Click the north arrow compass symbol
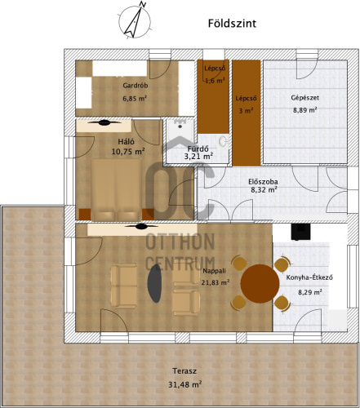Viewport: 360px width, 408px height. [135, 21]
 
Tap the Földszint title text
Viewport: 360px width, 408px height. [232, 24]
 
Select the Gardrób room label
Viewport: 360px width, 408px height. [136, 86]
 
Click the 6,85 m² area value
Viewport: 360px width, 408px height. [135, 98]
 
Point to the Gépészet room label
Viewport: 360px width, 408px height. [304, 98]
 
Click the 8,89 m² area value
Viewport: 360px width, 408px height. [304, 110]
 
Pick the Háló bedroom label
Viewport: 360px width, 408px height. [126, 141]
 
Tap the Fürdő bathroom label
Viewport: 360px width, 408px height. [198, 149]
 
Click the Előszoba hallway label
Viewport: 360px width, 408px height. [263, 182]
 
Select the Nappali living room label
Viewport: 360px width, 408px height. [215, 271]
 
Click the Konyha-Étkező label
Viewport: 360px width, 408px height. [309, 277]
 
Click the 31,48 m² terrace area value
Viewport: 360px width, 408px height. [185, 384]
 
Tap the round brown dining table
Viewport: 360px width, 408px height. [260, 283]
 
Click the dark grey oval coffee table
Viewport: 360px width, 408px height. [154, 283]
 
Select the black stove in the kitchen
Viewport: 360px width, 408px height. [300, 232]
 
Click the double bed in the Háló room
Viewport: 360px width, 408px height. [117, 190]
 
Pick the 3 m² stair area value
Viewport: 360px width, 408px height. [246, 111]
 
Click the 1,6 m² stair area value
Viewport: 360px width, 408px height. [215, 81]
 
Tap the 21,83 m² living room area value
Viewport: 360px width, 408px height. [215, 282]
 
